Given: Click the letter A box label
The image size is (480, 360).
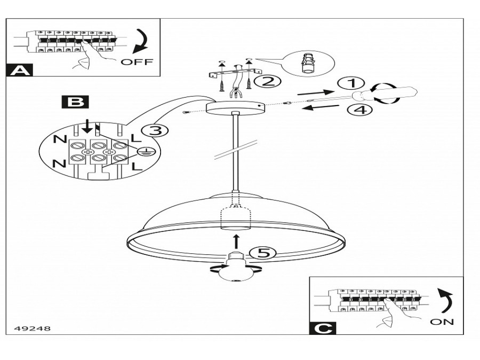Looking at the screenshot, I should [x=19, y=69].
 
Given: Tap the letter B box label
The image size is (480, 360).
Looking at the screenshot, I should [x=73, y=101].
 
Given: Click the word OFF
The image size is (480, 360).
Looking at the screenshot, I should [x=137, y=62].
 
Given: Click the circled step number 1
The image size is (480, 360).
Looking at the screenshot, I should [x=350, y=83].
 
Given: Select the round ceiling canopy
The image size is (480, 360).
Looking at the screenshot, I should [x=234, y=108].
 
